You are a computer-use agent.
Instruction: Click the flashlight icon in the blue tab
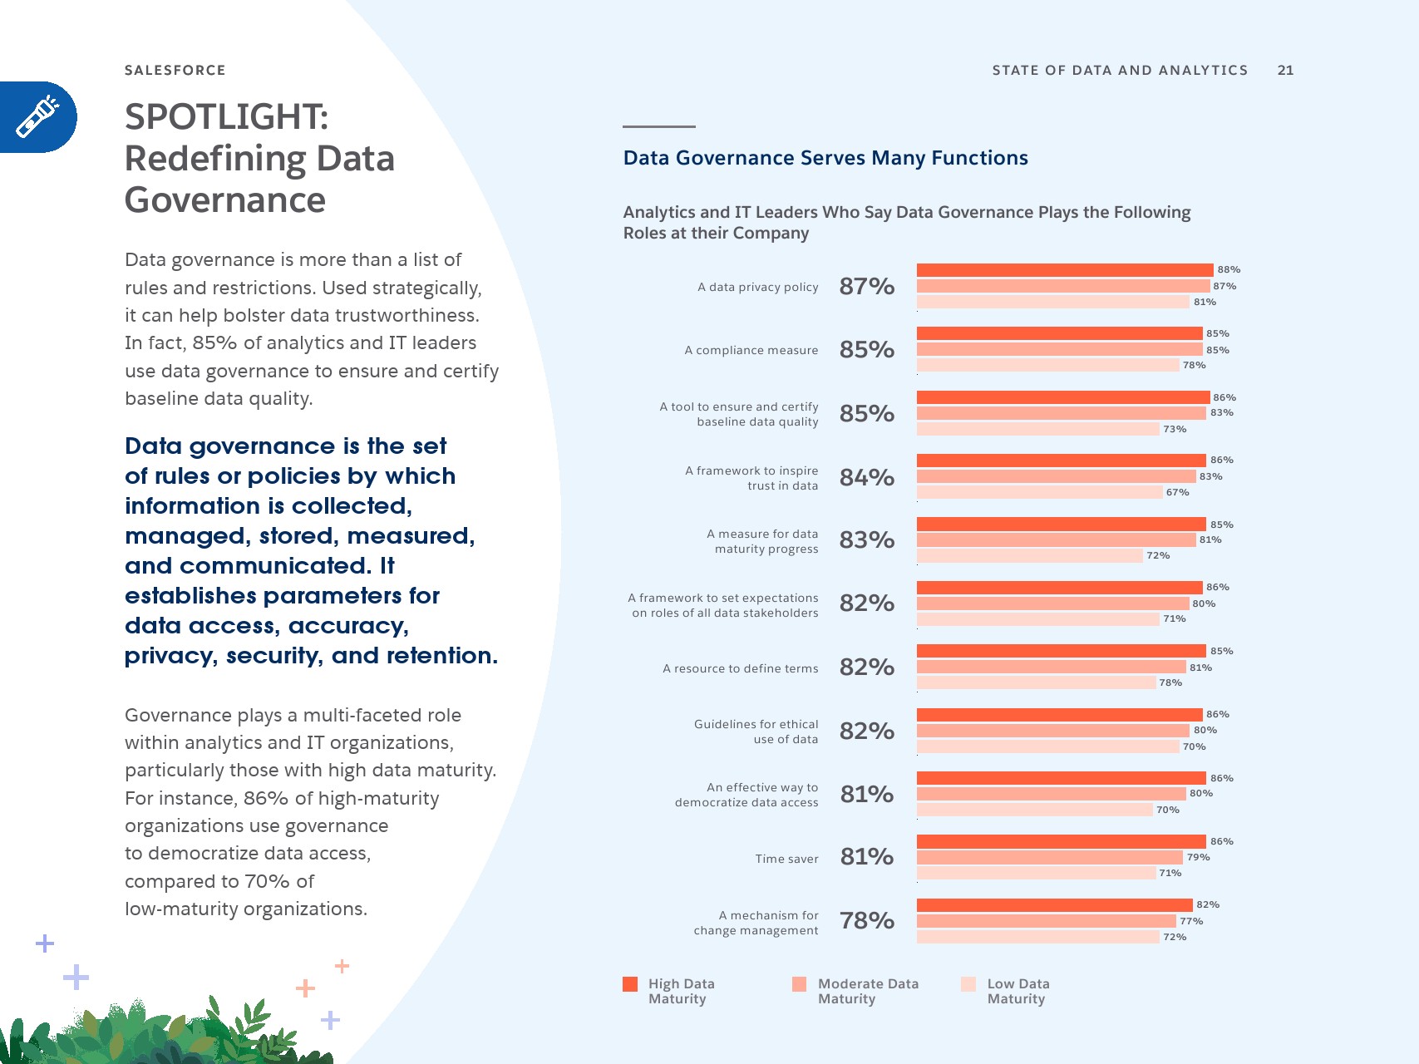point(37,117)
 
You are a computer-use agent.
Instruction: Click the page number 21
point(1285,71)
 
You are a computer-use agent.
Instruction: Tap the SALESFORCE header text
point(175,71)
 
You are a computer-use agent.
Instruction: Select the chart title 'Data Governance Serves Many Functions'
point(825,158)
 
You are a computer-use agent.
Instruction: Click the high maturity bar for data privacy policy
point(1064,270)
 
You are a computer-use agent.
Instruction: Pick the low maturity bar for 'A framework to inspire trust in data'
point(1039,492)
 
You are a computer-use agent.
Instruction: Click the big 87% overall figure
point(866,287)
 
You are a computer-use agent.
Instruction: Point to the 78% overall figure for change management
point(866,921)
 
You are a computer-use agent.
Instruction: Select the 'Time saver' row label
point(786,859)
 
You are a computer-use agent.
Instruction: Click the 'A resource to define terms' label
point(740,668)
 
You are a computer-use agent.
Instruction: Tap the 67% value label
point(1177,492)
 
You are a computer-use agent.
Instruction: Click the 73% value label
point(1174,429)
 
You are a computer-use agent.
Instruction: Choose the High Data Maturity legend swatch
point(630,984)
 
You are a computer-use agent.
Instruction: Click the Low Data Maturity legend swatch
point(968,984)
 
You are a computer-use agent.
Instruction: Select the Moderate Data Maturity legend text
point(868,991)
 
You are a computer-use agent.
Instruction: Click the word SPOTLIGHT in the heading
point(226,117)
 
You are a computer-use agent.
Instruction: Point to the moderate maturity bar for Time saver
point(1049,857)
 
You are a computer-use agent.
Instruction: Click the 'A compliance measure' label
point(751,350)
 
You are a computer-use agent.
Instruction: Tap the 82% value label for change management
point(1207,904)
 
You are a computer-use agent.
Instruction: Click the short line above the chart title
point(658,126)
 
